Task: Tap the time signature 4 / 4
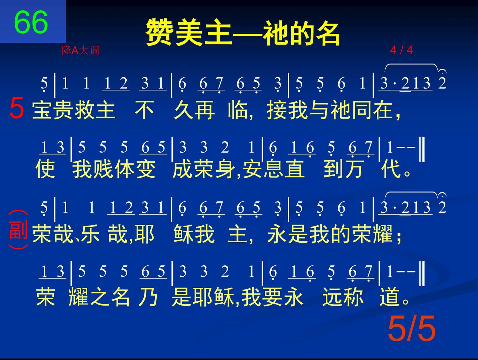coord(401,50)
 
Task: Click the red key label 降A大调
coord(80,50)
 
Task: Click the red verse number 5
coord(17,108)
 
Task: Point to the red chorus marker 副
coord(18,230)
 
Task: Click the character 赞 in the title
coord(160,32)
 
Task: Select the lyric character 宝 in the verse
coord(42,111)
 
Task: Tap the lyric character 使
coord(45,169)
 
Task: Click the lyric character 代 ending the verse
coord(391,169)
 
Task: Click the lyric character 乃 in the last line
coord(148,297)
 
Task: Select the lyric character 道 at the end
coord(389,297)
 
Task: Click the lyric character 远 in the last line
coord(332,297)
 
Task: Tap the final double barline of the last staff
coord(422,273)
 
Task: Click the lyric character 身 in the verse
coord(225,169)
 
